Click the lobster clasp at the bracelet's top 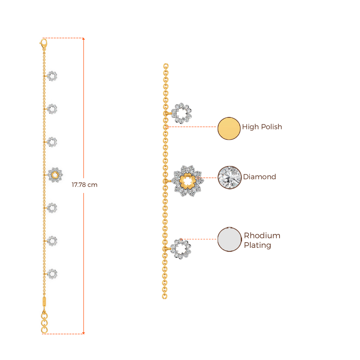coord(43,44)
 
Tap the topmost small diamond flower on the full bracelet coord(52,76)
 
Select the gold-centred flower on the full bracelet coord(55,175)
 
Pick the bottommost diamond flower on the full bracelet coord(52,274)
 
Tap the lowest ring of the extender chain coord(44,330)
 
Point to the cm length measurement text coord(84,185)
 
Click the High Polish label coord(262,127)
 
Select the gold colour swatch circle coord(229,128)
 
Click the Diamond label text coord(260,177)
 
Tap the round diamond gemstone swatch coord(229,178)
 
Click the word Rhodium coord(262,236)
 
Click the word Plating coord(257,245)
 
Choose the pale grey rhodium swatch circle coord(229,239)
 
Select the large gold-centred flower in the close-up coord(187,181)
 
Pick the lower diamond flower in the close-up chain coord(181,249)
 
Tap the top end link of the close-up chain coord(166,65)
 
